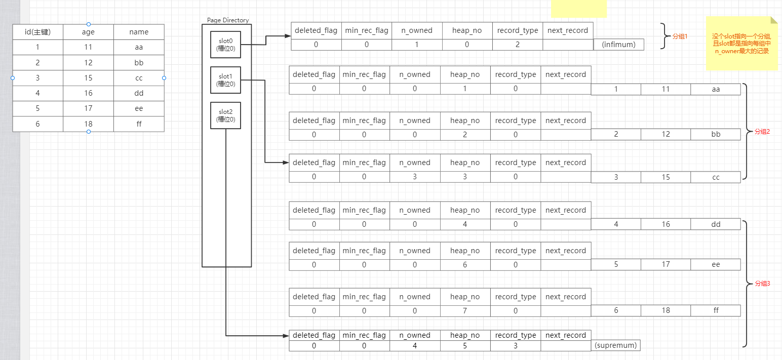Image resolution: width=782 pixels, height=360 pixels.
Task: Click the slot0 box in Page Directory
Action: [225, 45]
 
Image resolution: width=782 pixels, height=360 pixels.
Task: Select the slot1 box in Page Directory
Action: [225, 80]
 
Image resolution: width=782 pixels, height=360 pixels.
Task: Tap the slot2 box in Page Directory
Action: [225, 115]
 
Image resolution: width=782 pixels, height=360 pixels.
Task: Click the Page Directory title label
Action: [228, 20]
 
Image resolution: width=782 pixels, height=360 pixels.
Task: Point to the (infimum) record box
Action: [618, 45]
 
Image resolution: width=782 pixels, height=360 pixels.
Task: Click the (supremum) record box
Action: [615, 345]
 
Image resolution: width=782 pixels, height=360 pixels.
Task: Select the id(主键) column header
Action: [37, 32]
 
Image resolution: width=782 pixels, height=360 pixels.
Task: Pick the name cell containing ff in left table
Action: [139, 124]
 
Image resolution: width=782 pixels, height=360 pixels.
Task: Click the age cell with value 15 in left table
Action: [88, 78]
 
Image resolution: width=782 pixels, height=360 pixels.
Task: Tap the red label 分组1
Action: [680, 37]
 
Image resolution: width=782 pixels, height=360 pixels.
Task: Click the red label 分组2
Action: [762, 131]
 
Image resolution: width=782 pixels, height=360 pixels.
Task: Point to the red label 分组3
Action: [762, 284]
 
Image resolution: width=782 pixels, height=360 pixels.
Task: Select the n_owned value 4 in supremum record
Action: [414, 346]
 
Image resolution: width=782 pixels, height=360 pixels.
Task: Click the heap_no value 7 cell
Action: [465, 310]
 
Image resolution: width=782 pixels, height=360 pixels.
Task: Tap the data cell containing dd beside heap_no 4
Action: [715, 224]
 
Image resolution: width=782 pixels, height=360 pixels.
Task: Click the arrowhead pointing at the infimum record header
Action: [287, 36]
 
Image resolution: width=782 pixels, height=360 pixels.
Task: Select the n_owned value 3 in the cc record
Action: [414, 177]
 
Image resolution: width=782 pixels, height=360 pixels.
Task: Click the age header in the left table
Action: [88, 32]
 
